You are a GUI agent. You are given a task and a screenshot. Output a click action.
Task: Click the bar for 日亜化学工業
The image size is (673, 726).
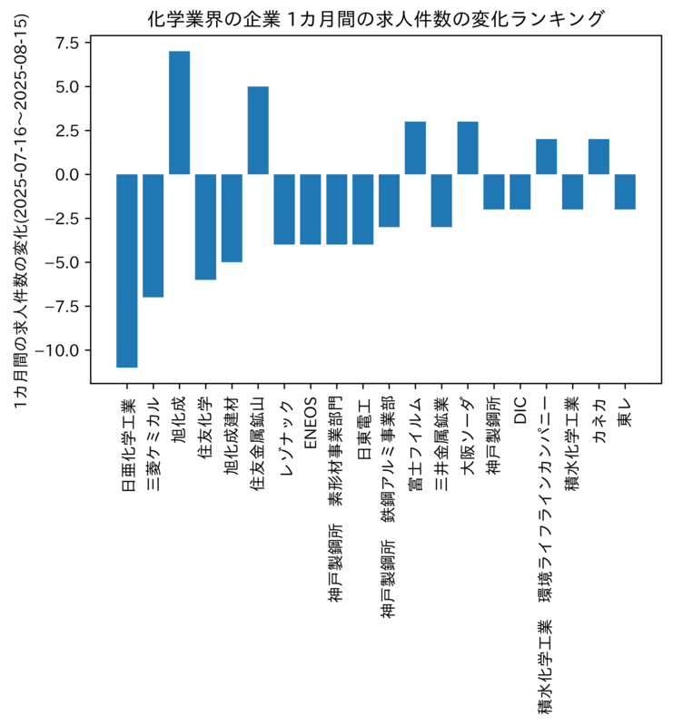click(126, 270)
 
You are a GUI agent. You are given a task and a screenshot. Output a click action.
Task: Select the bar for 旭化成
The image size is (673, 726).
click(179, 113)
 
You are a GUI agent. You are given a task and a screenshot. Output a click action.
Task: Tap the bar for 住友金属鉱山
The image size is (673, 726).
click(258, 131)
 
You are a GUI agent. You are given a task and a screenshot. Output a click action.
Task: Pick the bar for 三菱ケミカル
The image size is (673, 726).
click(153, 236)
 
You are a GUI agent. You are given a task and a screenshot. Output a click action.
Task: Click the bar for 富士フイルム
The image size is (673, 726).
click(415, 148)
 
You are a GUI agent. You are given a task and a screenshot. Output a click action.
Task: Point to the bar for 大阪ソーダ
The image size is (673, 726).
click(468, 148)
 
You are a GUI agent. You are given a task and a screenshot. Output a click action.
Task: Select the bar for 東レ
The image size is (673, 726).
click(625, 192)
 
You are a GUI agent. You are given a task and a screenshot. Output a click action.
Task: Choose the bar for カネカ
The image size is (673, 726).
click(599, 157)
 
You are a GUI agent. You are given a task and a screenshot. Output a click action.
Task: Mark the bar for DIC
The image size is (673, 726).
click(520, 192)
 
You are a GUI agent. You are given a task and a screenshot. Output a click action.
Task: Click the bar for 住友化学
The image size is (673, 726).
click(205, 227)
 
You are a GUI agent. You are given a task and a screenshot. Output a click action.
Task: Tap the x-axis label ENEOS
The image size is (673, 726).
click(310, 423)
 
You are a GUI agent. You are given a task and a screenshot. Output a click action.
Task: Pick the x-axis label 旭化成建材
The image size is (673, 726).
click(232, 437)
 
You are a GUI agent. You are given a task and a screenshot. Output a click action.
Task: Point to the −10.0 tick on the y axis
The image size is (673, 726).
click(63, 350)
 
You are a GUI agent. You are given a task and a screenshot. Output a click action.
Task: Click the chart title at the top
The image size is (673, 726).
click(376, 19)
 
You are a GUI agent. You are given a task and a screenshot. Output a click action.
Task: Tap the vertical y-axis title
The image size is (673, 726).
click(20, 211)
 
